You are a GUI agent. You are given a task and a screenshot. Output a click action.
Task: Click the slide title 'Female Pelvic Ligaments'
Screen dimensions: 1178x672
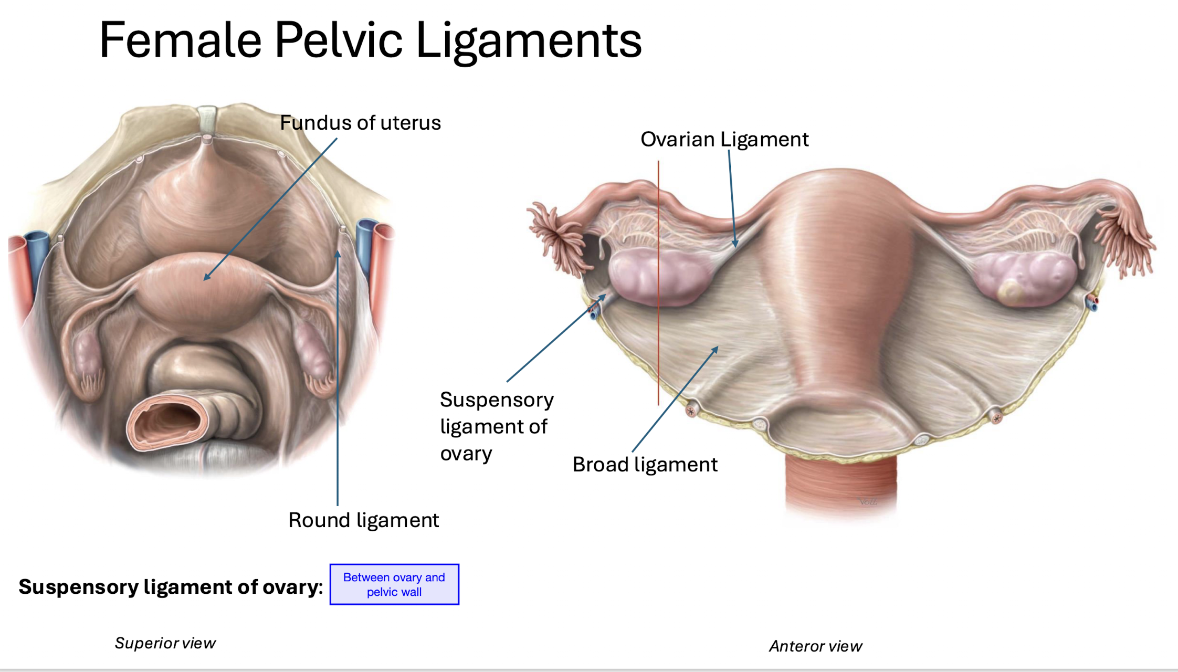point(370,40)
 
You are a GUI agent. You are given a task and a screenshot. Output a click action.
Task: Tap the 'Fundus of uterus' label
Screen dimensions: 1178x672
point(360,123)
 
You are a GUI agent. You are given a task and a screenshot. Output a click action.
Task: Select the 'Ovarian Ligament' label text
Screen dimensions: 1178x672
point(724,140)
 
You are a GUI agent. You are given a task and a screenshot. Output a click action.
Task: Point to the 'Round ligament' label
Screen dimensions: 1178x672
point(363,520)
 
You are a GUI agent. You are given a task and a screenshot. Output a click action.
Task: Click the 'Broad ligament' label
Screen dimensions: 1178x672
point(645,465)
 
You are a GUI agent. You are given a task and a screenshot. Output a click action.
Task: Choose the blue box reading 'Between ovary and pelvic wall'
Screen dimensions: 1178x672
point(394,584)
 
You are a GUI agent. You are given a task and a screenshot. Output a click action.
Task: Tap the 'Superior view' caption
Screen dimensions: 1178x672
point(165,643)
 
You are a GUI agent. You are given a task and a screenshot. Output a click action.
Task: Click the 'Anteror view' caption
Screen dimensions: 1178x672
point(815,646)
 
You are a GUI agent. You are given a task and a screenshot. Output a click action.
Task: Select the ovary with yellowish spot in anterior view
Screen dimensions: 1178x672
point(1024,278)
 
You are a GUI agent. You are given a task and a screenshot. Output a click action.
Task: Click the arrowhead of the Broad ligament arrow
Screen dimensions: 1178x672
point(716,349)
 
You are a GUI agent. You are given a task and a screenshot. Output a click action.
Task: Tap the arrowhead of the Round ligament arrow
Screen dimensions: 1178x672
point(338,254)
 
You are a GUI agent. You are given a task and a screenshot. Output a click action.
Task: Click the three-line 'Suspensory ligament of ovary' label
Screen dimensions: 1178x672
point(496,426)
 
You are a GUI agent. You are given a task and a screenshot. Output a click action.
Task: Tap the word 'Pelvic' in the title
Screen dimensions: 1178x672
point(339,40)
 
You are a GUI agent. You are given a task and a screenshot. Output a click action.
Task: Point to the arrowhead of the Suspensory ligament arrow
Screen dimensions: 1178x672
point(603,297)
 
